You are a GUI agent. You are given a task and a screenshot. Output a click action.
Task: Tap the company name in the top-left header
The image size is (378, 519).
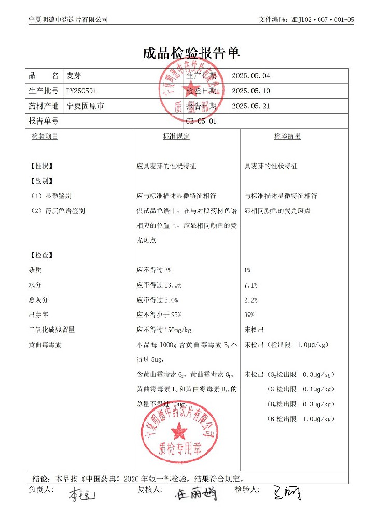pyautogui.click(x=68, y=20)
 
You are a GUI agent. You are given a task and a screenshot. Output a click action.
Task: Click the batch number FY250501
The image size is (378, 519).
pyautogui.click(x=81, y=91)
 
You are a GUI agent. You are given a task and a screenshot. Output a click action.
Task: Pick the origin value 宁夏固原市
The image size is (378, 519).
pyautogui.click(x=86, y=106)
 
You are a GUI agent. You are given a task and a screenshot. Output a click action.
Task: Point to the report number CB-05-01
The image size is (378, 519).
pyautogui.click(x=201, y=121)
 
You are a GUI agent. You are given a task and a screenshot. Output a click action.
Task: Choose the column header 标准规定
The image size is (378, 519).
pyautogui.click(x=176, y=136)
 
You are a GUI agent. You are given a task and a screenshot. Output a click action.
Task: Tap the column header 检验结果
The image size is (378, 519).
pyautogui.click(x=287, y=136)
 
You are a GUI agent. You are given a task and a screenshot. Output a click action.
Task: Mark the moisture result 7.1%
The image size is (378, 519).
pyautogui.click(x=251, y=285)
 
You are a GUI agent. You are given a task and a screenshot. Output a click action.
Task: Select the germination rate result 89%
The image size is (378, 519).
pyautogui.click(x=249, y=315)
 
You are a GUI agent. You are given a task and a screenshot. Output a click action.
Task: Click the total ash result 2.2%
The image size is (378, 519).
pyautogui.click(x=251, y=300)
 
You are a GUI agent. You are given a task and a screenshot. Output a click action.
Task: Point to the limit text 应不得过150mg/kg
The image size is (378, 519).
pyautogui.click(x=164, y=330)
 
